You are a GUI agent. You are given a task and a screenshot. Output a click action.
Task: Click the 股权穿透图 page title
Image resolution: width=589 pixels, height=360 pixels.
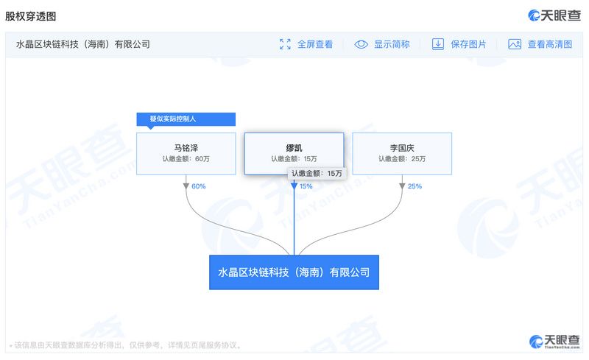click(x=30, y=16)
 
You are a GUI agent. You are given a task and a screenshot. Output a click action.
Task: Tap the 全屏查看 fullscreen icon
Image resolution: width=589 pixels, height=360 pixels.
click(x=285, y=44)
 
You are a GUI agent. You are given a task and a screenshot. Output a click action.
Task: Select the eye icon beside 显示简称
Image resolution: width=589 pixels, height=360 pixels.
click(x=361, y=44)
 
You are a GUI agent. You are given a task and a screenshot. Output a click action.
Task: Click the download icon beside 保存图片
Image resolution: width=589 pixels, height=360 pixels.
click(x=437, y=44)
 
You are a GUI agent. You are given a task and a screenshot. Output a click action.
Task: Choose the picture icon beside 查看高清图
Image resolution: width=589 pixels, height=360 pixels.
click(x=515, y=44)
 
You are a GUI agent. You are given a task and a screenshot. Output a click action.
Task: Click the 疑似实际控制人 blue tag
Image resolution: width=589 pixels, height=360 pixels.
click(x=186, y=119)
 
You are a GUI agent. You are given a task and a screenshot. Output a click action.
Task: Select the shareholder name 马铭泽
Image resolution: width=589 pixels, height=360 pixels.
click(x=186, y=148)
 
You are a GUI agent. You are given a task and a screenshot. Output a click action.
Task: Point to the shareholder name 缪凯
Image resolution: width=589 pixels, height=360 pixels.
click(x=294, y=148)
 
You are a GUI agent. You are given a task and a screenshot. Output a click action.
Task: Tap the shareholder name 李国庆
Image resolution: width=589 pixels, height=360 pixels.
click(x=402, y=148)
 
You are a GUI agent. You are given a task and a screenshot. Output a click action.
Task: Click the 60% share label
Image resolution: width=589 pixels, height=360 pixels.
click(x=198, y=186)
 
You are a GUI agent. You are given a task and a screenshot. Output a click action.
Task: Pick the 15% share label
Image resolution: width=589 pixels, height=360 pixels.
click(x=306, y=186)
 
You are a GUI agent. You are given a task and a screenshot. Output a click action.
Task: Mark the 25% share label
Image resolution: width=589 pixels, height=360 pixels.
click(x=415, y=186)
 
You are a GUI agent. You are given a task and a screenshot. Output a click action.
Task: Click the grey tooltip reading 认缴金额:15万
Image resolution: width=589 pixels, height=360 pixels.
click(x=317, y=173)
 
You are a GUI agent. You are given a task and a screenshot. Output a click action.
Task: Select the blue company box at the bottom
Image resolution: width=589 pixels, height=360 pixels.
click(x=294, y=272)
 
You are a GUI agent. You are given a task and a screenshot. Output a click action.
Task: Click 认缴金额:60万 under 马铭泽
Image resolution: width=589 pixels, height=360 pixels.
click(x=186, y=159)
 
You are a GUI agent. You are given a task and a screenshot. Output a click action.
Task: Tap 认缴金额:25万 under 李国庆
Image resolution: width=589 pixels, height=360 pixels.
click(x=402, y=159)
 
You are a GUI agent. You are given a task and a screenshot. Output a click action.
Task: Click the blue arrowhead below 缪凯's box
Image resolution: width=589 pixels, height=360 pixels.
click(x=294, y=186)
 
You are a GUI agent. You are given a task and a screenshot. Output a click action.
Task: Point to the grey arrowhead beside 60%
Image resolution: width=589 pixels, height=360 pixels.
click(x=186, y=186)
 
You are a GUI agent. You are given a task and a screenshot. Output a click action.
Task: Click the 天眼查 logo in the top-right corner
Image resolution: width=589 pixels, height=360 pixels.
click(x=554, y=15)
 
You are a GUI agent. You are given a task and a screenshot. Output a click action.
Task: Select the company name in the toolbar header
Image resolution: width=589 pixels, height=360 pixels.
click(x=83, y=44)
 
